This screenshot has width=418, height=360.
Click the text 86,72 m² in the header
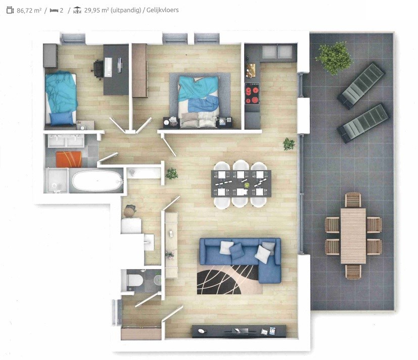[29, 11]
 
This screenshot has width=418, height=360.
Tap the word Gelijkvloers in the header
[162, 10]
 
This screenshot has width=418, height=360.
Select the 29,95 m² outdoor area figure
[96, 10]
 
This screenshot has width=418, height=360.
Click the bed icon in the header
[54, 11]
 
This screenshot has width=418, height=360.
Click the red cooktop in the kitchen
[252, 93]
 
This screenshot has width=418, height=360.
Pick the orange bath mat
[69, 159]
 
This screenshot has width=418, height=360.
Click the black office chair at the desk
[98, 69]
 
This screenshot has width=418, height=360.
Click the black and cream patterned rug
[226, 280]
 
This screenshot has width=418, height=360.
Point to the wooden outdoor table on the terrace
[353, 236]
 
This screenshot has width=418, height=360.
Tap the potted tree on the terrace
[334, 58]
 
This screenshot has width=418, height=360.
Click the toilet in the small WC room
[134, 280]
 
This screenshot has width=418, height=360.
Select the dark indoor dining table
[241, 183]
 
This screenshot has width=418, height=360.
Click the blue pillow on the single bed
[61, 119]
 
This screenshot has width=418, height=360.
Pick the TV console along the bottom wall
[239, 331]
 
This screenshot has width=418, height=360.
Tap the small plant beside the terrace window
[289, 144]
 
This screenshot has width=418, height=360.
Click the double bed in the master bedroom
[199, 101]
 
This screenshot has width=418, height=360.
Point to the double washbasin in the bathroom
[66, 140]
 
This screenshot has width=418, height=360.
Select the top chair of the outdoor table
[353, 200]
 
